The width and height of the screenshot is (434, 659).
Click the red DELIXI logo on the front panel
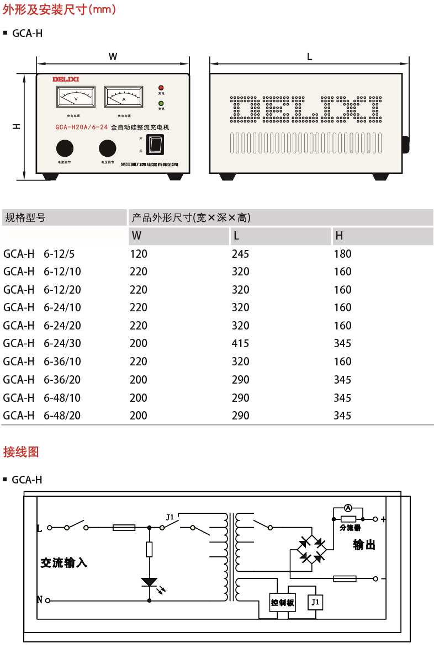pos(66,79)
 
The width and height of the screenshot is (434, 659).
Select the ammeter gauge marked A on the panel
pos(123,97)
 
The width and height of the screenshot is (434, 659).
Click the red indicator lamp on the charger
pos(161,88)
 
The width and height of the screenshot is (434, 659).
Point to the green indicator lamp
pos(161,103)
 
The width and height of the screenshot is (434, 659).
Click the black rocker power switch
pos(158,144)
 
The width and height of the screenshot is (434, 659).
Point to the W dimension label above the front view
pos(113,56)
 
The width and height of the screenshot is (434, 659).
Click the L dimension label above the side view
pos(309,56)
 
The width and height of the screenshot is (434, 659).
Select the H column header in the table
pos(339,236)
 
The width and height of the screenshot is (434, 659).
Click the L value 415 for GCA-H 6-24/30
pos(240,343)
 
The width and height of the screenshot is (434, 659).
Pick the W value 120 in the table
pos(139,254)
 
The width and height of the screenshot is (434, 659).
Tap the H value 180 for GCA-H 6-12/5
pos(342,254)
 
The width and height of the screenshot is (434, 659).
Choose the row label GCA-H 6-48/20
pos(42,416)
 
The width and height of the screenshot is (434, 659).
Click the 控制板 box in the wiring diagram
pos(282,603)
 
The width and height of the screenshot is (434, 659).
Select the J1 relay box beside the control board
pos(315,602)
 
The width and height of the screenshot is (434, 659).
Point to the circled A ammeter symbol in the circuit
pos(348,507)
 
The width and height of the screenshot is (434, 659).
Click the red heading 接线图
pos(21,452)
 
